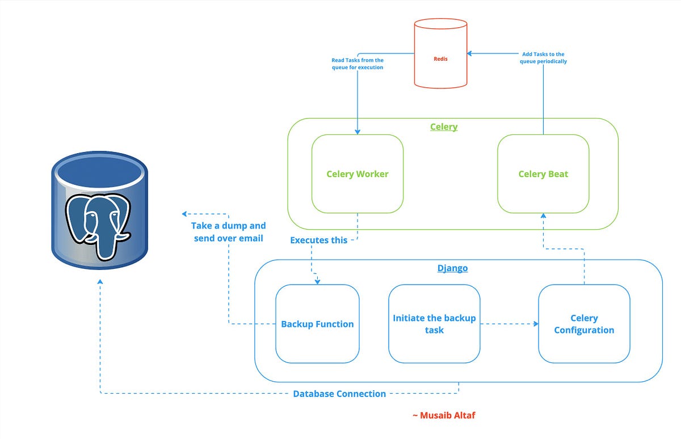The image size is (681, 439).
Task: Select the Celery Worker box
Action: [358, 174]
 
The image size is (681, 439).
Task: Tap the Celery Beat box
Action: [543, 174]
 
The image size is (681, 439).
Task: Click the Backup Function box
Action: [317, 324]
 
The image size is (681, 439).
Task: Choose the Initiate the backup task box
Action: [434, 324]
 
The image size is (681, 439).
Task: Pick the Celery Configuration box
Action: [584, 324]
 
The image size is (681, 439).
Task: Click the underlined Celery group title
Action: [444, 126]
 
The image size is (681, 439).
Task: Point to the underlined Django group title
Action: [452, 268]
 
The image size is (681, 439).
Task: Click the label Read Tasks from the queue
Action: [358, 64]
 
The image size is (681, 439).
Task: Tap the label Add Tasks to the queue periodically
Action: [543, 58]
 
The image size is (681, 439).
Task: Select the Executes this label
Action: [318, 240]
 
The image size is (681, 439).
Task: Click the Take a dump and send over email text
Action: [228, 232]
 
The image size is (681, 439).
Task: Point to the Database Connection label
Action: [339, 394]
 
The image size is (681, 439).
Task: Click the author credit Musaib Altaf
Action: [443, 415]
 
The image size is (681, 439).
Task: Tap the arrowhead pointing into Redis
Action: [470, 54]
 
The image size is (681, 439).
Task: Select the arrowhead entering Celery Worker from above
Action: [358, 132]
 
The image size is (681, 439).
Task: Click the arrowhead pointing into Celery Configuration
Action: [535, 324]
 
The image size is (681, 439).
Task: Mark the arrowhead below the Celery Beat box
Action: [543, 217]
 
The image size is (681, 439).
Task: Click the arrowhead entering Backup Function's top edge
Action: [317, 281]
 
